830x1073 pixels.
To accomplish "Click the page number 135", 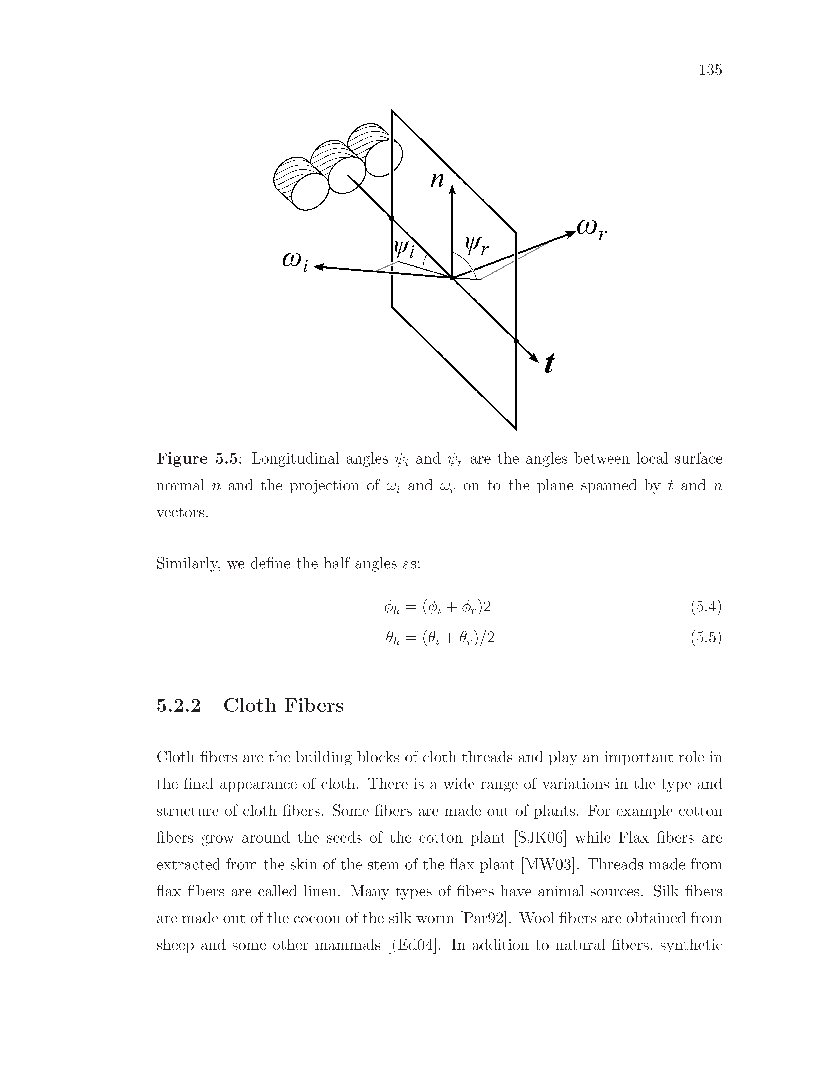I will [710, 70].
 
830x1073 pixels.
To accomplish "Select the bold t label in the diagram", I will [549, 364].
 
